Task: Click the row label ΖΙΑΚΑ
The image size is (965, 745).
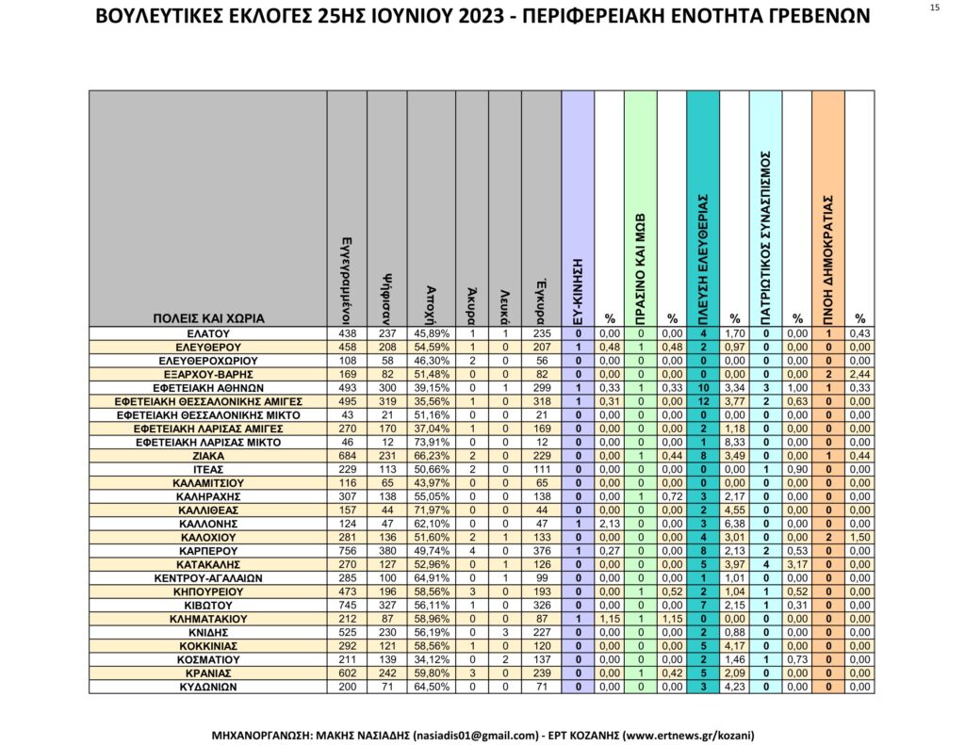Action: coord(207,455)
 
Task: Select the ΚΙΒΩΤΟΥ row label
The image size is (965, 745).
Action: coord(207,605)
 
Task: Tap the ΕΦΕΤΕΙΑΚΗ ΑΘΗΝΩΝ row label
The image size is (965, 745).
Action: coord(207,387)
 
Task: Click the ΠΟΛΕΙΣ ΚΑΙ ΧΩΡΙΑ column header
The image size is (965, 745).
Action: coord(208,318)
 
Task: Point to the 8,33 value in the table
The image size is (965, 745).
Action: coord(735,442)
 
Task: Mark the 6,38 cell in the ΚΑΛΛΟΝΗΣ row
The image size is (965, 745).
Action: coord(735,524)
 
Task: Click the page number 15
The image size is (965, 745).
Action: coord(934,8)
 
